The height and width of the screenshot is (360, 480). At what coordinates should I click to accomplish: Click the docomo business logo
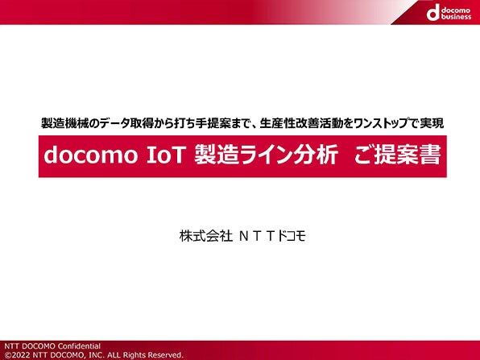[449, 13]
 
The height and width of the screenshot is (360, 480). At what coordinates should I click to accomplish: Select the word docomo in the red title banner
[91, 155]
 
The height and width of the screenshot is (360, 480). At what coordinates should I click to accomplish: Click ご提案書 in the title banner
[398, 155]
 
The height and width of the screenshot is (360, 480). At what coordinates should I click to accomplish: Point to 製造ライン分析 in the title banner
[266, 155]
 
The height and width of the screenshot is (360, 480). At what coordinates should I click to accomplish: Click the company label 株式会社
[206, 236]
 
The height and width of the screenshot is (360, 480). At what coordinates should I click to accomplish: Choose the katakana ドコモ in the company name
[291, 236]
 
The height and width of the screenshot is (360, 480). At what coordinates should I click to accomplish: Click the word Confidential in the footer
[79, 346]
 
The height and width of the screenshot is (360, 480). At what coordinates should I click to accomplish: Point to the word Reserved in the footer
[165, 355]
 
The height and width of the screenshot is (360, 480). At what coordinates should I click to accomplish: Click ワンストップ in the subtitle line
[380, 123]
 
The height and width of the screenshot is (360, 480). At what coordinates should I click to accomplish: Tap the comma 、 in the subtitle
[253, 126]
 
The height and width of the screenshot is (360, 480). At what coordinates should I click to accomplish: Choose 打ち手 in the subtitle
[190, 123]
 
